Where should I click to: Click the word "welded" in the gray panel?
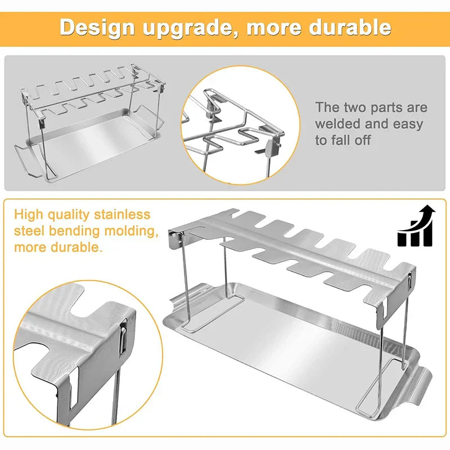340,123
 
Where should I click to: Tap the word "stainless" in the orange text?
122,215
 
